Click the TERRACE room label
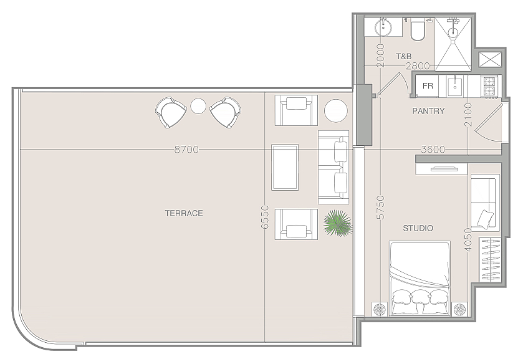point(184,213)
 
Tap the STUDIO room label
point(418,228)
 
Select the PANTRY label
point(428,111)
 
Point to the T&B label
point(403,56)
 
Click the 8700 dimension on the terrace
point(186,150)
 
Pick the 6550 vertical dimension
point(264,217)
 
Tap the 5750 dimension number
point(381,208)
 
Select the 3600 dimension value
point(433,150)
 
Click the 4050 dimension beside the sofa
point(468,239)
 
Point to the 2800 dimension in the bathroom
point(418,66)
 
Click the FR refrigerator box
point(427,86)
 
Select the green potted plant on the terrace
point(337,223)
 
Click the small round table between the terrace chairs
point(198,107)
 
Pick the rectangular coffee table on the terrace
point(285,168)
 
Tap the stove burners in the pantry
point(489,87)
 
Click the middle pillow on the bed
point(421,297)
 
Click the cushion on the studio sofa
point(486,219)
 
